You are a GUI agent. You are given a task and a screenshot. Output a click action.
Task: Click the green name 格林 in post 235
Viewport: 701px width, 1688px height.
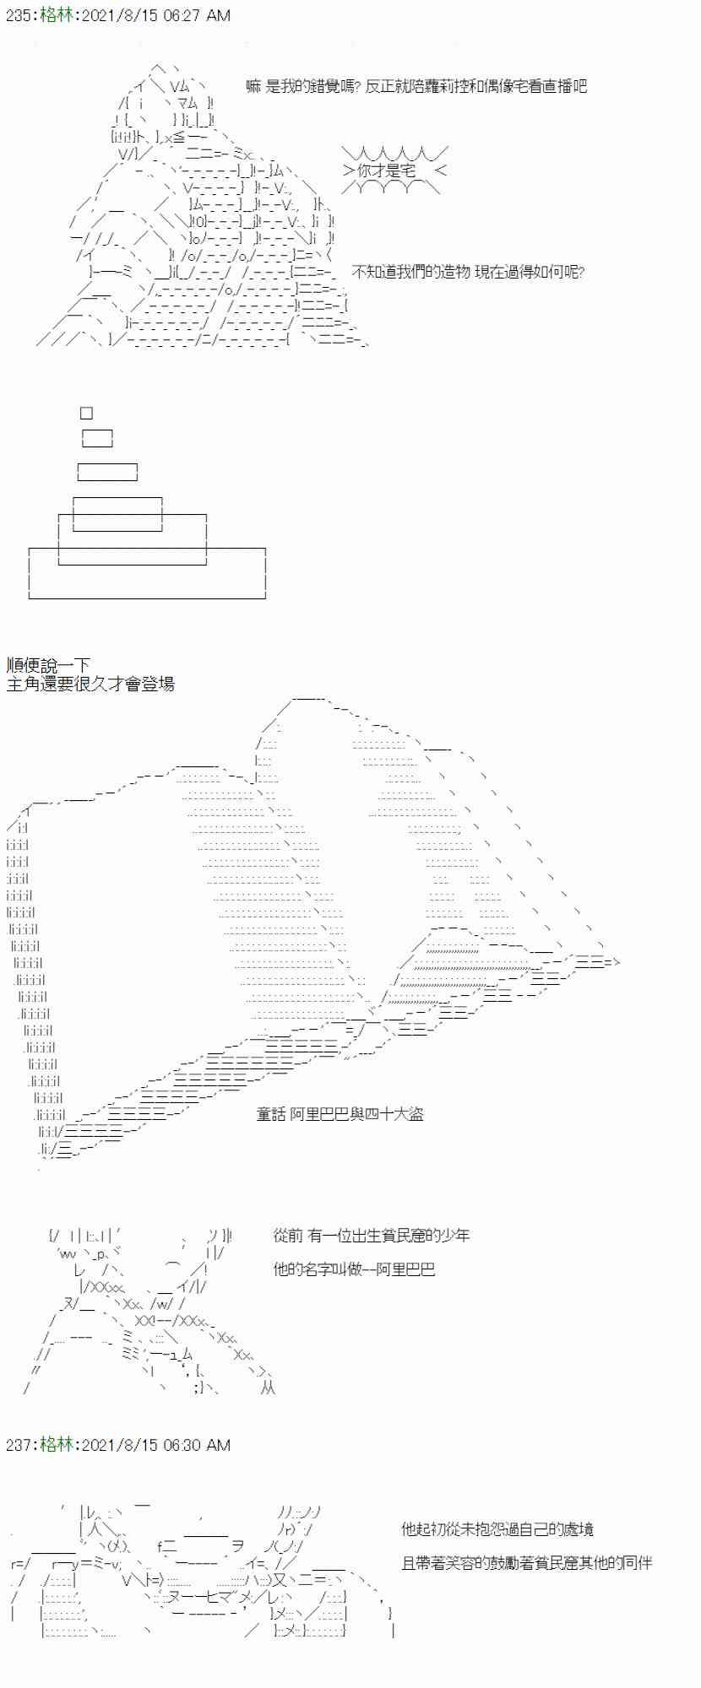(56, 16)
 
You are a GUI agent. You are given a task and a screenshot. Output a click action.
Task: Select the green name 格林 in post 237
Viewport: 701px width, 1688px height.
(56, 1446)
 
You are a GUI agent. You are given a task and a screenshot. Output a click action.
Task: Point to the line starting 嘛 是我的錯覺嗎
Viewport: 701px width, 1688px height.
(416, 86)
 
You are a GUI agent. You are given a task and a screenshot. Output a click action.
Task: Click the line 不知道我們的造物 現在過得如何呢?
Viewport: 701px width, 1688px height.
(468, 272)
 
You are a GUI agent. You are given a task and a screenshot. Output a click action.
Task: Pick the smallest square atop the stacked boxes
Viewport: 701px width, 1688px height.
(86, 413)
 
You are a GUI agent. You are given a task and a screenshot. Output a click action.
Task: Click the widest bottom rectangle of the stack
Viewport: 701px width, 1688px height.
(147, 574)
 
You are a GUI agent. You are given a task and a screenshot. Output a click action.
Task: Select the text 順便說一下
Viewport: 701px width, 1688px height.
(48, 665)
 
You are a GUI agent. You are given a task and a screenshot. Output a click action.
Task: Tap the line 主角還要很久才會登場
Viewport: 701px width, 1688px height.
(90, 684)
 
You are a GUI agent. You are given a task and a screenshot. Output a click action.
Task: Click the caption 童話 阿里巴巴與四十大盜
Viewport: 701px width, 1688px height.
(340, 1114)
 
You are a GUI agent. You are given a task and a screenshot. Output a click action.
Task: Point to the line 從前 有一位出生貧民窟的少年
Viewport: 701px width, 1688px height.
(372, 1236)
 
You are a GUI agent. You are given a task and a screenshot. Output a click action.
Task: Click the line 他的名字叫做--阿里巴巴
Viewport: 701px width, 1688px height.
(354, 1269)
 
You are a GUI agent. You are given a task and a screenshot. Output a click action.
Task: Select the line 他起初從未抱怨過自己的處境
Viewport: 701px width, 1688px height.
(497, 1529)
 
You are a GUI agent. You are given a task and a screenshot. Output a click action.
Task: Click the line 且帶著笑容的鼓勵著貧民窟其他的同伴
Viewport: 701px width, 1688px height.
(527, 1563)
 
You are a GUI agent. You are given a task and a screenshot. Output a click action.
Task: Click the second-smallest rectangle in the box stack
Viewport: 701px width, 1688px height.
(97, 438)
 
